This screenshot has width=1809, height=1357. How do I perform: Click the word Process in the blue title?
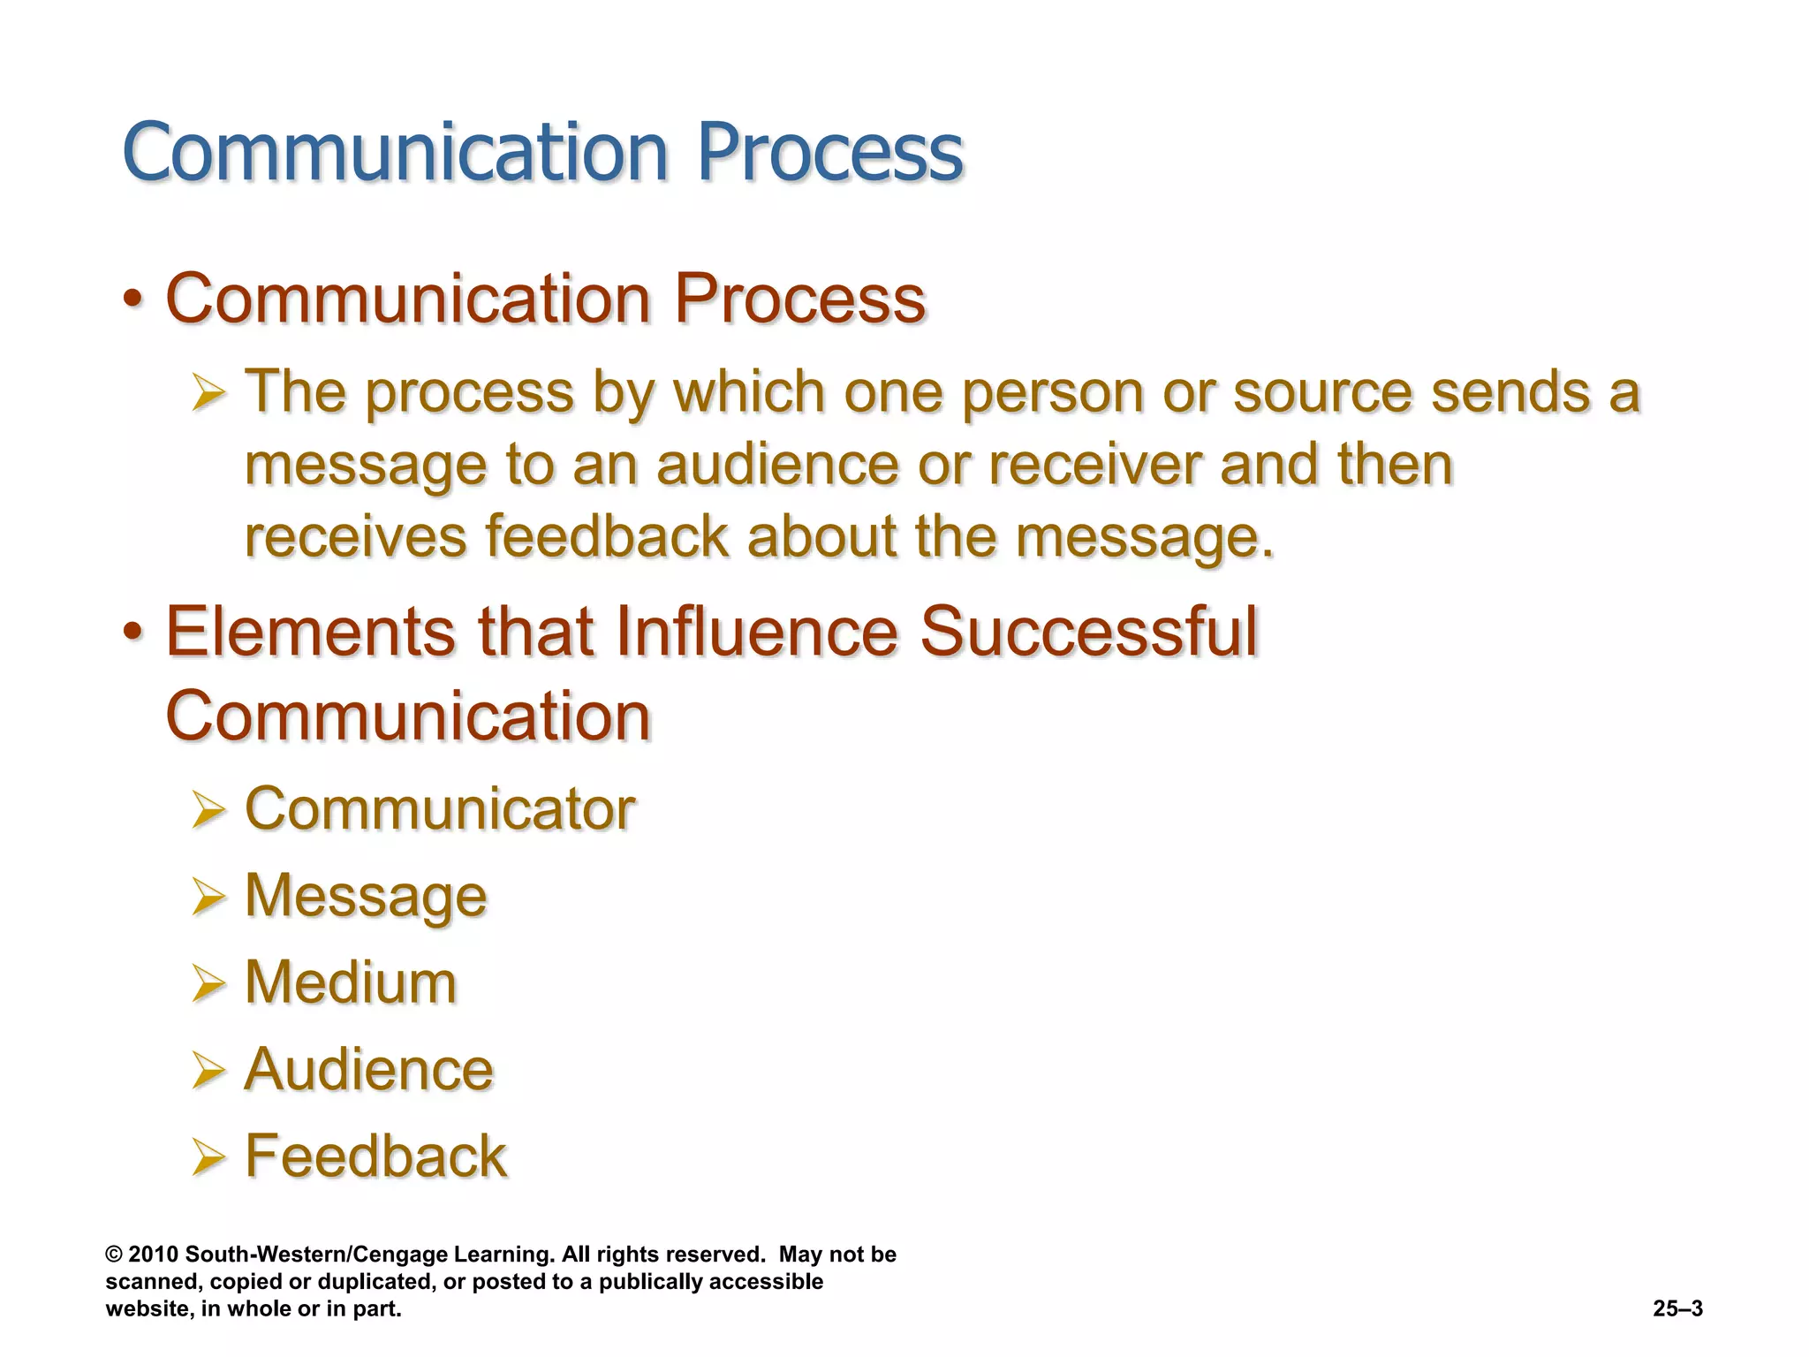coord(829,152)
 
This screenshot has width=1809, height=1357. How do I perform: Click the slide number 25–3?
coord(1677,1308)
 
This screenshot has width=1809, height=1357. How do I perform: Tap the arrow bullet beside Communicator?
coord(208,810)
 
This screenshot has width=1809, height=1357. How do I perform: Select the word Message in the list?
coord(365,896)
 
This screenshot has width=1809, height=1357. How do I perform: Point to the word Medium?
coord(350,982)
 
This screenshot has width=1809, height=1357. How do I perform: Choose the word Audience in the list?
coord(368,1069)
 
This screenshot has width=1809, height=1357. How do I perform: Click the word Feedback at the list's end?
coord(375,1156)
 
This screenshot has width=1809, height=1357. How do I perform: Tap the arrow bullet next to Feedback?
coord(208,1157)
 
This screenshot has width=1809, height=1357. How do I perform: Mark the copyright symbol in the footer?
coord(113,1255)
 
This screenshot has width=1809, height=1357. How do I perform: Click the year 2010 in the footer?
coord(154,1255)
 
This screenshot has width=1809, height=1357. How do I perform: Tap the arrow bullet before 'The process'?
coord(208,393)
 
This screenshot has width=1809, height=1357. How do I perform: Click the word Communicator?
coord(440,808)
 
